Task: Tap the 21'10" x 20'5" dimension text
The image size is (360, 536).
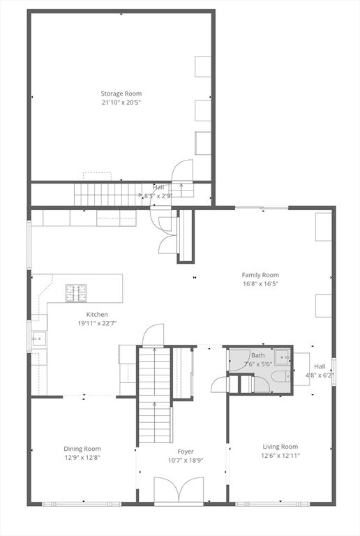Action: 121,102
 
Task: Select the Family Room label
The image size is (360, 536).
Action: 260,275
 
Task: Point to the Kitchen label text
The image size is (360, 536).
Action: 97,315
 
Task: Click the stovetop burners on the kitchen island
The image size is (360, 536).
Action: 77,292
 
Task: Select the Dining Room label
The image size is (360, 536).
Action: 82,449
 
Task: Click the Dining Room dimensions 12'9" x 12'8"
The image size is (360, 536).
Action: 82,458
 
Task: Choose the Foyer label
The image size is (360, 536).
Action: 186,452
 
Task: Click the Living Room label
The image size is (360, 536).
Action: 280,447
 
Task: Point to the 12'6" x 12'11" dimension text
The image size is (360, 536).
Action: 280,456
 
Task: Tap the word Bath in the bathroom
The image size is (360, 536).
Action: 258,355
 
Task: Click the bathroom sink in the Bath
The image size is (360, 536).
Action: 283,357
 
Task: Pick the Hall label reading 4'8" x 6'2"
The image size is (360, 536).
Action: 320,371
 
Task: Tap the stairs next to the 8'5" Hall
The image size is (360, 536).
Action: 98,193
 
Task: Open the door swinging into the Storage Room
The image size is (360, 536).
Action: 183,171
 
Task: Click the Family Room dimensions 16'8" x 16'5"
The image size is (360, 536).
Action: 260,284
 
